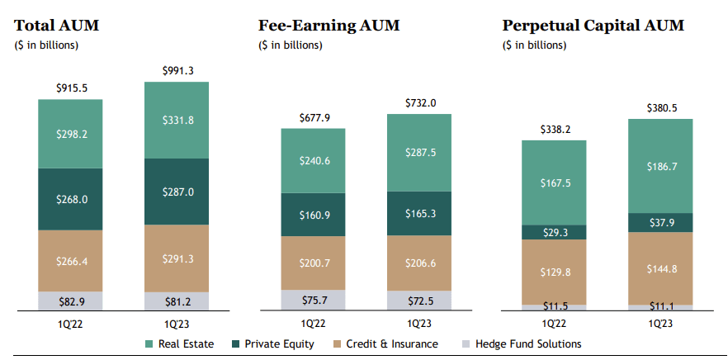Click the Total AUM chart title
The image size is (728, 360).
pyautogui.click(x=56, y=26)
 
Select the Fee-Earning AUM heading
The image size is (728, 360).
pyautogui.click(x=329, y=26)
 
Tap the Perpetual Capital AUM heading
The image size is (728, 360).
pyautogui.click(x=593, y=26)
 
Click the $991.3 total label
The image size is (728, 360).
pyautogui.click(x=176, y=70)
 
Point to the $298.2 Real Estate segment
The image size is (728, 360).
pyautogui.click(x=70, y=134)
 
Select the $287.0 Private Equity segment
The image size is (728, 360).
pyautogui.click(x=176, y=191)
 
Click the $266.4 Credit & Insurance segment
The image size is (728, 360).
pyautogui.click(x=70, y=260)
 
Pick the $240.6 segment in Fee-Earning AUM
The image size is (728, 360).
pyautogui.click(x=313, y=161)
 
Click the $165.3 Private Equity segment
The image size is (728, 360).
pyautogui.click(x=419, y=213)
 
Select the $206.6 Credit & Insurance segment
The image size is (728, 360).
pyautogui.click(x=419, y=263)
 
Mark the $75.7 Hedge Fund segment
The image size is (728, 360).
pyautogui.click(x=313, y=300)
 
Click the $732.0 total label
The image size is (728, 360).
pyautogui.click(x=419, y=103)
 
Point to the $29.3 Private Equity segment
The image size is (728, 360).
pyautogui.click(x=554, y=233)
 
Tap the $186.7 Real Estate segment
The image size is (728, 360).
pyautogui.click(x=660, y=166)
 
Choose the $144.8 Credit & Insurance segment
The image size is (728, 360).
pyautogui.click(x=660, y=268)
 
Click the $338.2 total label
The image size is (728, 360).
pyautogui.click(x=554, y=129)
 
